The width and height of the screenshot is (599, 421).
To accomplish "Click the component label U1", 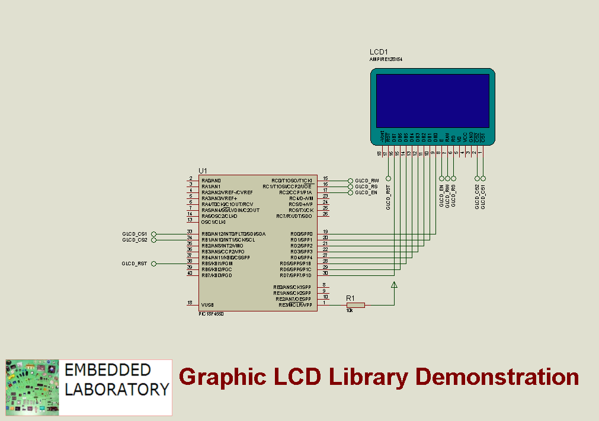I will tap(203, 171).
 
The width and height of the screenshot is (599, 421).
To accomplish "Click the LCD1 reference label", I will tap(379, 53).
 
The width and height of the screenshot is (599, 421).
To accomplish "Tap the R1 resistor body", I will tap(355, 305).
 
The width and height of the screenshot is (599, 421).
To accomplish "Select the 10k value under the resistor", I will tap(350, 311).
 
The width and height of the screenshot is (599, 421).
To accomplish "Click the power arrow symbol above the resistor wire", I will tap(394, 286).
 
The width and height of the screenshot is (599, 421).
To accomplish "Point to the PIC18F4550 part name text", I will tap(212, 314).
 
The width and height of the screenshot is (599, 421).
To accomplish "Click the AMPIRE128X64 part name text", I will tap(386, 60).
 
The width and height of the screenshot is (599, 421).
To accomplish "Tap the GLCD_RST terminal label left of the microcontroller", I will tap(135, 263).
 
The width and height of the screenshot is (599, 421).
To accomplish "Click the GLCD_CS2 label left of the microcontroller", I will tap(135, 240).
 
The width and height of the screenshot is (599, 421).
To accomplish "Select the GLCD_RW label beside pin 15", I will tap(367, 180).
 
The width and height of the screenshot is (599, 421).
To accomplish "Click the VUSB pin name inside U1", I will tap(207, 304).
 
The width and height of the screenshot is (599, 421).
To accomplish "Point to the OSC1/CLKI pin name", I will tap(213, 221).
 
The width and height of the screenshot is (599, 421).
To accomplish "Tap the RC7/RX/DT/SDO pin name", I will tap(294, 216).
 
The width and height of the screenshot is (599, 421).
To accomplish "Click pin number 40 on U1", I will tap(190, 273).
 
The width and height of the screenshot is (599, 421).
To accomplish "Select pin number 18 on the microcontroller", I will tap(190, 303).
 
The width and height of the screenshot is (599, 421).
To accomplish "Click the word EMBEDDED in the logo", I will tap(107, 371).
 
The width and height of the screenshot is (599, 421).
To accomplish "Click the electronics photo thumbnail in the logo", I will tap(33, 387).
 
